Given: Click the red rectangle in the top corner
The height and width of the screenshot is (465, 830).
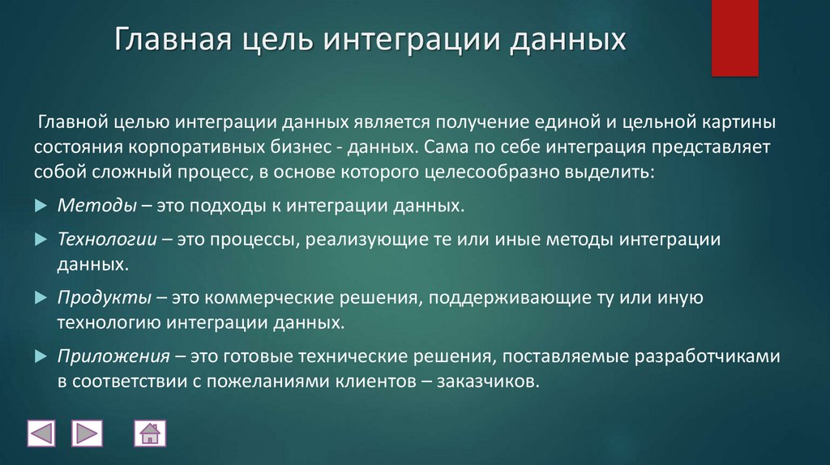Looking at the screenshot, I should tap(734, 37).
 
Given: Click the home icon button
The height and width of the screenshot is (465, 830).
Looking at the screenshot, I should tap(150, 433).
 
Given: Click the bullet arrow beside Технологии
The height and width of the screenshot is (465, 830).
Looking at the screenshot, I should tap(42, 241).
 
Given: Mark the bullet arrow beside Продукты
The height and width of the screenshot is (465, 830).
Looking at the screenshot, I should tap(42, 298).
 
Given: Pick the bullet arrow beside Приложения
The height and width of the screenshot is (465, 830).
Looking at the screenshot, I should tap(42, 357).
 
